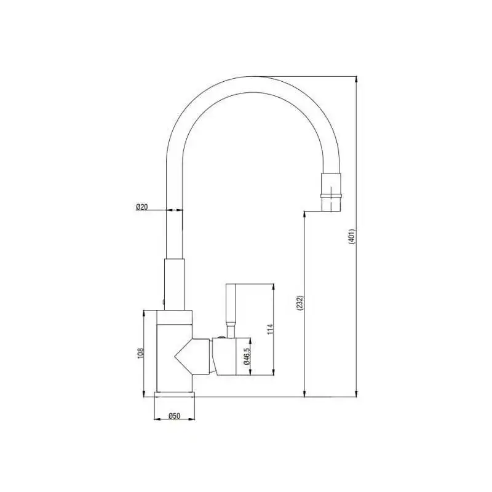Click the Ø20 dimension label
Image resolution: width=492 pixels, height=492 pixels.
tap(142, 207)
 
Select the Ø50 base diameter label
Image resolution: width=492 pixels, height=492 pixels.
tap(175, 416)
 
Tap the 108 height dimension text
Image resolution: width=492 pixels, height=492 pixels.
tap(141, 353)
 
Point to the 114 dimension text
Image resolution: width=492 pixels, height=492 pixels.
tap(270, 329)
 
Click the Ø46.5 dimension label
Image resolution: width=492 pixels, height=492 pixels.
tap(247, 356)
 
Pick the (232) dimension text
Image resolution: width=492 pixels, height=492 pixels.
tap(300, 303)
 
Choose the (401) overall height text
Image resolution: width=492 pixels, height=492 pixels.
tap(351, 236)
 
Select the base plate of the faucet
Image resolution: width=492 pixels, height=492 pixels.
tap(175, 394)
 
